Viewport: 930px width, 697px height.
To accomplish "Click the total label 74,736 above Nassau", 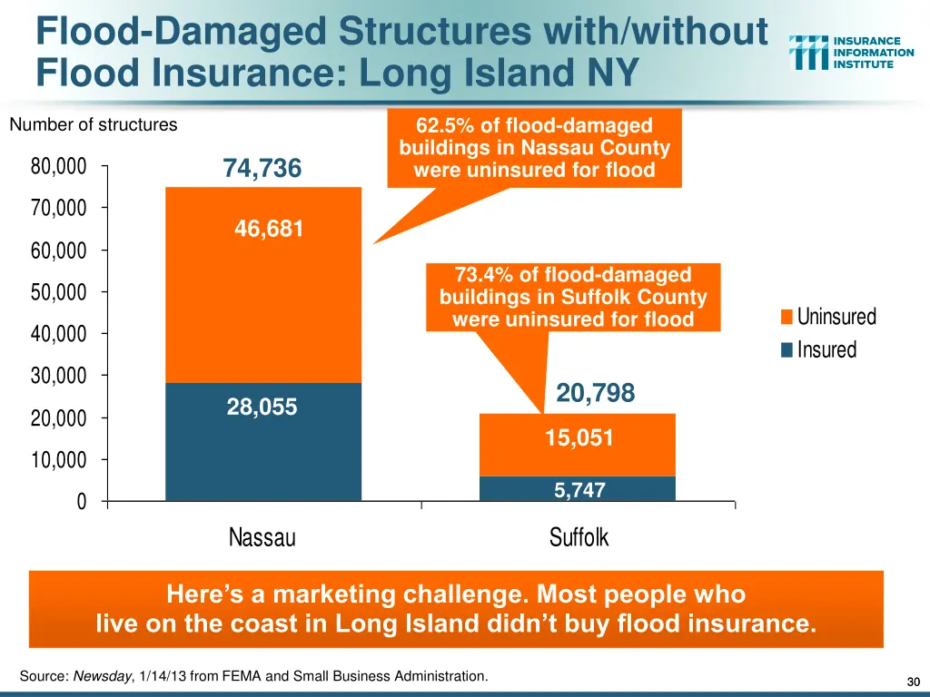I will pos(262,169).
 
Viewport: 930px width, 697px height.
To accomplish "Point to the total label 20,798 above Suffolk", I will pos(595,393).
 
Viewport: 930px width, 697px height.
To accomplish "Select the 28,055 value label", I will pos(262,407).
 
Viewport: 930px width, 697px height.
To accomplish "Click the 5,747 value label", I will pos(579,490).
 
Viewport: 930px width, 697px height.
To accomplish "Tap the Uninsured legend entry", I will pos(828,317).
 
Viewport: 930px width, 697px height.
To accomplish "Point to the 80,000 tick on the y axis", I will pos(58,167).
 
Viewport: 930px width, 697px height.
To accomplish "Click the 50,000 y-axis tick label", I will pos(58,292).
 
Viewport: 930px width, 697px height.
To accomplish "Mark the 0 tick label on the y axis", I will pos(81,502).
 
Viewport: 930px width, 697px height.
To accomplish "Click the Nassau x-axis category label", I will pos(262,537).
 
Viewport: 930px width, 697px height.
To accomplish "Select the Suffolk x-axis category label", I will pos(579,537).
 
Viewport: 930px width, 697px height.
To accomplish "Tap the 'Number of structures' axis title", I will pos(93,125).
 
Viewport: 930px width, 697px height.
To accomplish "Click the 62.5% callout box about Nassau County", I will pos(534,148).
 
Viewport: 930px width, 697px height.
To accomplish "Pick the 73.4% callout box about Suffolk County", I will pos(572,297).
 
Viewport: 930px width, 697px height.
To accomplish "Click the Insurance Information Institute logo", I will pos(851,53).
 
